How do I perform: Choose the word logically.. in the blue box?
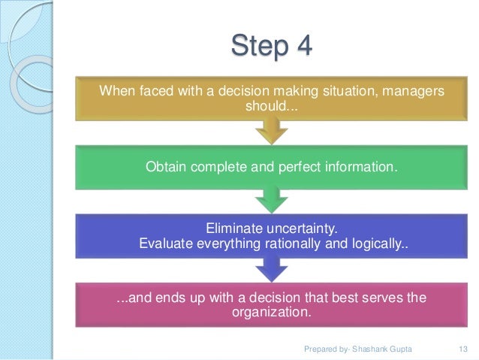377,244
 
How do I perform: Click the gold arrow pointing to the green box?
271,134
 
